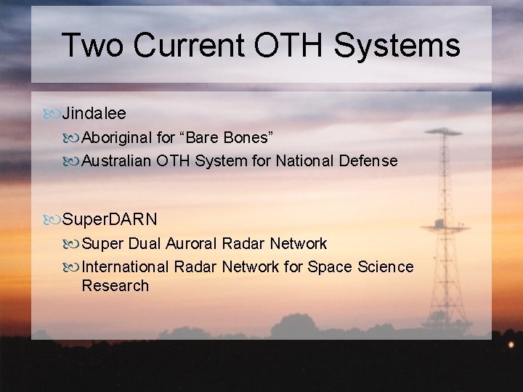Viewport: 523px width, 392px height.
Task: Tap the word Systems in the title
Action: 397,45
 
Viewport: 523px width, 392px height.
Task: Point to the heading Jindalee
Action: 94,113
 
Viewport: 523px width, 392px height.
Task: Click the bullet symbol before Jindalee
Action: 52,114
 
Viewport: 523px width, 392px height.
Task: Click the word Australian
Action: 118,161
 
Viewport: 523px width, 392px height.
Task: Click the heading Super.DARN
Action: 110,219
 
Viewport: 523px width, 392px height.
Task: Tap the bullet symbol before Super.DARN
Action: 52,219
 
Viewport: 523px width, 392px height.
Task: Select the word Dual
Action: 145,243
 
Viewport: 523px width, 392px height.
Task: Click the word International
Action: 126,267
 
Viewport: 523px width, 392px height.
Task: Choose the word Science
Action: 385,267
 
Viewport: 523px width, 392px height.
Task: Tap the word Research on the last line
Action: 115,286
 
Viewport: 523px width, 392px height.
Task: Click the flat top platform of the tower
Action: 443,132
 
